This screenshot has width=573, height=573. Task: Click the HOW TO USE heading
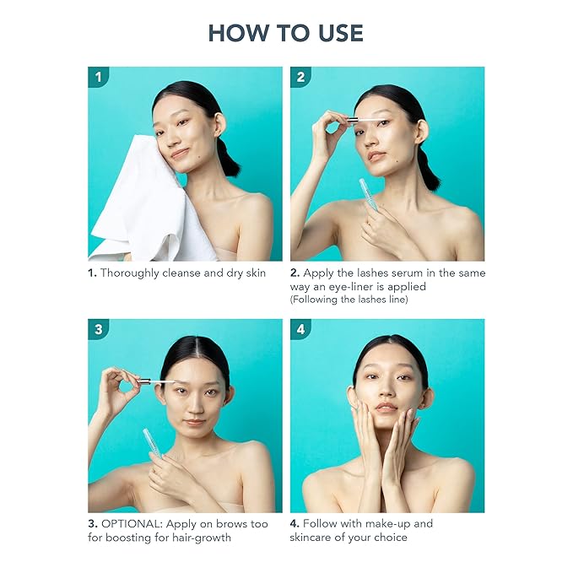[x=286, y=33]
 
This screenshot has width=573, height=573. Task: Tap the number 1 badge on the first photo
[x=98, y=77]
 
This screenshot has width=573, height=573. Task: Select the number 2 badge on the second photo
[x=300, y=77]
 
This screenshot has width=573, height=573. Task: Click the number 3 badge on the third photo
[x=98, y=329]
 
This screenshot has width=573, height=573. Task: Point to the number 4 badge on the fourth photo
[x=300, y=329]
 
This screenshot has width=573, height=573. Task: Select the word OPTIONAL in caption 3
[x=132, y=524]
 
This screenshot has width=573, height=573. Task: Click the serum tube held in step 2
[x=368, y=194]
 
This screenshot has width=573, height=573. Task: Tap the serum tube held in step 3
[x=153, y=443]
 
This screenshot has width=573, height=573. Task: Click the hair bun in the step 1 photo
[x=229, y=158]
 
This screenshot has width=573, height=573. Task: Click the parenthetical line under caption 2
[x=349, y=300]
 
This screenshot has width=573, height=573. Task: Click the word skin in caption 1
[x=256, y=273]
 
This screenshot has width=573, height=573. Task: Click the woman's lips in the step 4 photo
[x=387, y=407]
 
